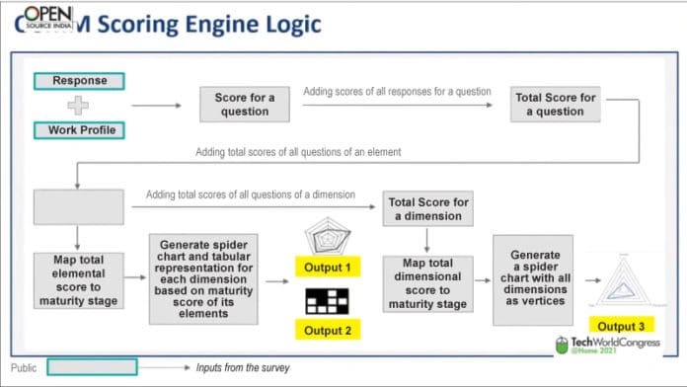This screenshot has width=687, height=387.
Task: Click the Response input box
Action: pos(79,81)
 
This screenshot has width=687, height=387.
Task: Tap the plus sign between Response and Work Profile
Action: pos(77,106)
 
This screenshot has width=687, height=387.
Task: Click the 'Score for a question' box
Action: pos(245,104)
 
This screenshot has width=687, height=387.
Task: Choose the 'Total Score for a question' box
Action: pos(555,104)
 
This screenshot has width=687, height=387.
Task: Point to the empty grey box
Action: pos(79,207)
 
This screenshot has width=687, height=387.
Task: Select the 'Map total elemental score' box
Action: pos(79,281)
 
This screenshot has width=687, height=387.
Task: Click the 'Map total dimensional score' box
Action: pos(426,282)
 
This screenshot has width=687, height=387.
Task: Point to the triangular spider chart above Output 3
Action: pos(624,282)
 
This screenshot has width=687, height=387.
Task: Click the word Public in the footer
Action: pos(25,367)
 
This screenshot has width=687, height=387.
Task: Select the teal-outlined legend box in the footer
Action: pos(93,367)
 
